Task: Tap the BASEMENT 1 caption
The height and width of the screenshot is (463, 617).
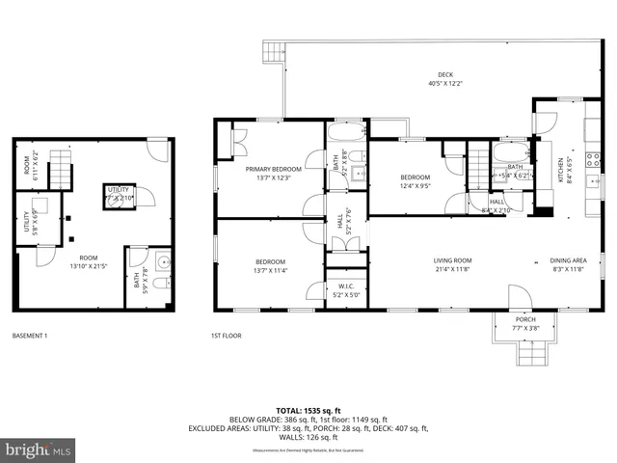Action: pos(30,336)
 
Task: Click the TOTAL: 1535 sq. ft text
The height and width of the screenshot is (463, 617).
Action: pos(308,410)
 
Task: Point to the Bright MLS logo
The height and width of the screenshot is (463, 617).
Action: pos(39,449)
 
